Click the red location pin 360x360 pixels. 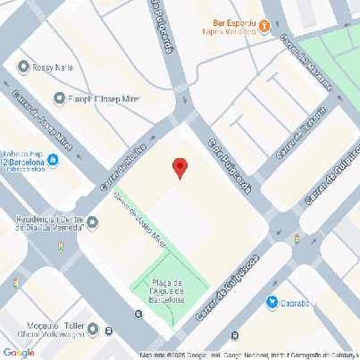tap(180, 167)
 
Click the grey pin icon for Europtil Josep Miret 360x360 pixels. tap(60, 98)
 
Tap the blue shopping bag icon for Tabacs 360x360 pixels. tap(54, 162)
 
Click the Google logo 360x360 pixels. tap(19, 352)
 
